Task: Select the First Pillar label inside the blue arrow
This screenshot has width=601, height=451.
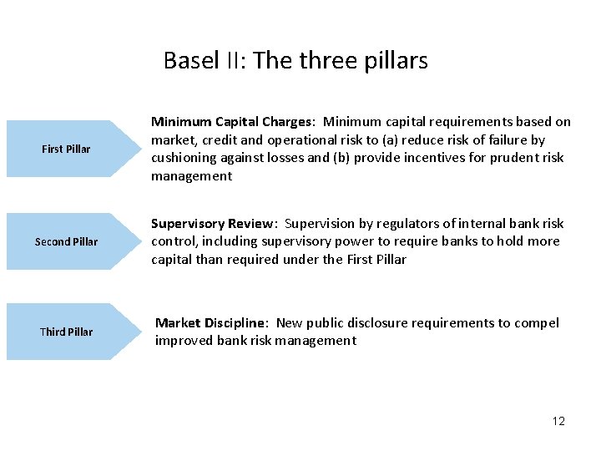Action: click(66, 149)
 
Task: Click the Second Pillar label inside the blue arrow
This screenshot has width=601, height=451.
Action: click(66, 241)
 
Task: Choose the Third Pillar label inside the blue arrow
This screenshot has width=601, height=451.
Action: click(66, 332)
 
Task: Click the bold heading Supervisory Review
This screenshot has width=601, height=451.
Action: click(213, 224)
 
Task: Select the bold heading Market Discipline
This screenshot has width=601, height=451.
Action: click(212, 323)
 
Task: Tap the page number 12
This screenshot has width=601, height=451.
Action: click(558, 421)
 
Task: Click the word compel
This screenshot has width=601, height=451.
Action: click(538, 323)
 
